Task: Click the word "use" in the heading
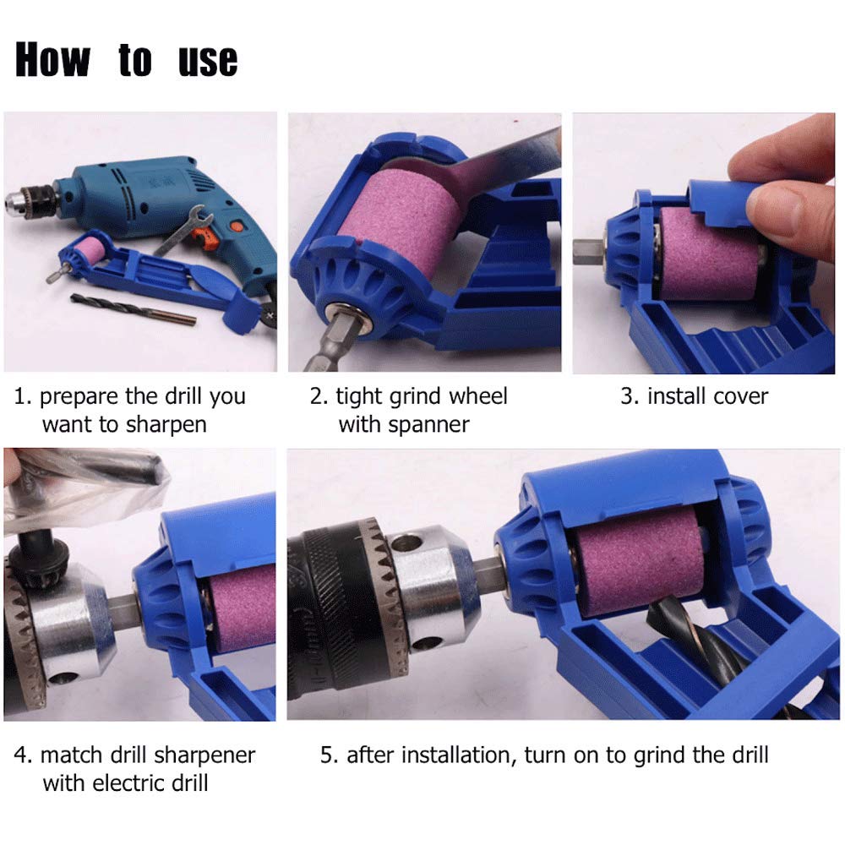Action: click(208, 60)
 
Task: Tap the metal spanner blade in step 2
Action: click(507, 161)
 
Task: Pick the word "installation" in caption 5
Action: click(457, 755)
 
